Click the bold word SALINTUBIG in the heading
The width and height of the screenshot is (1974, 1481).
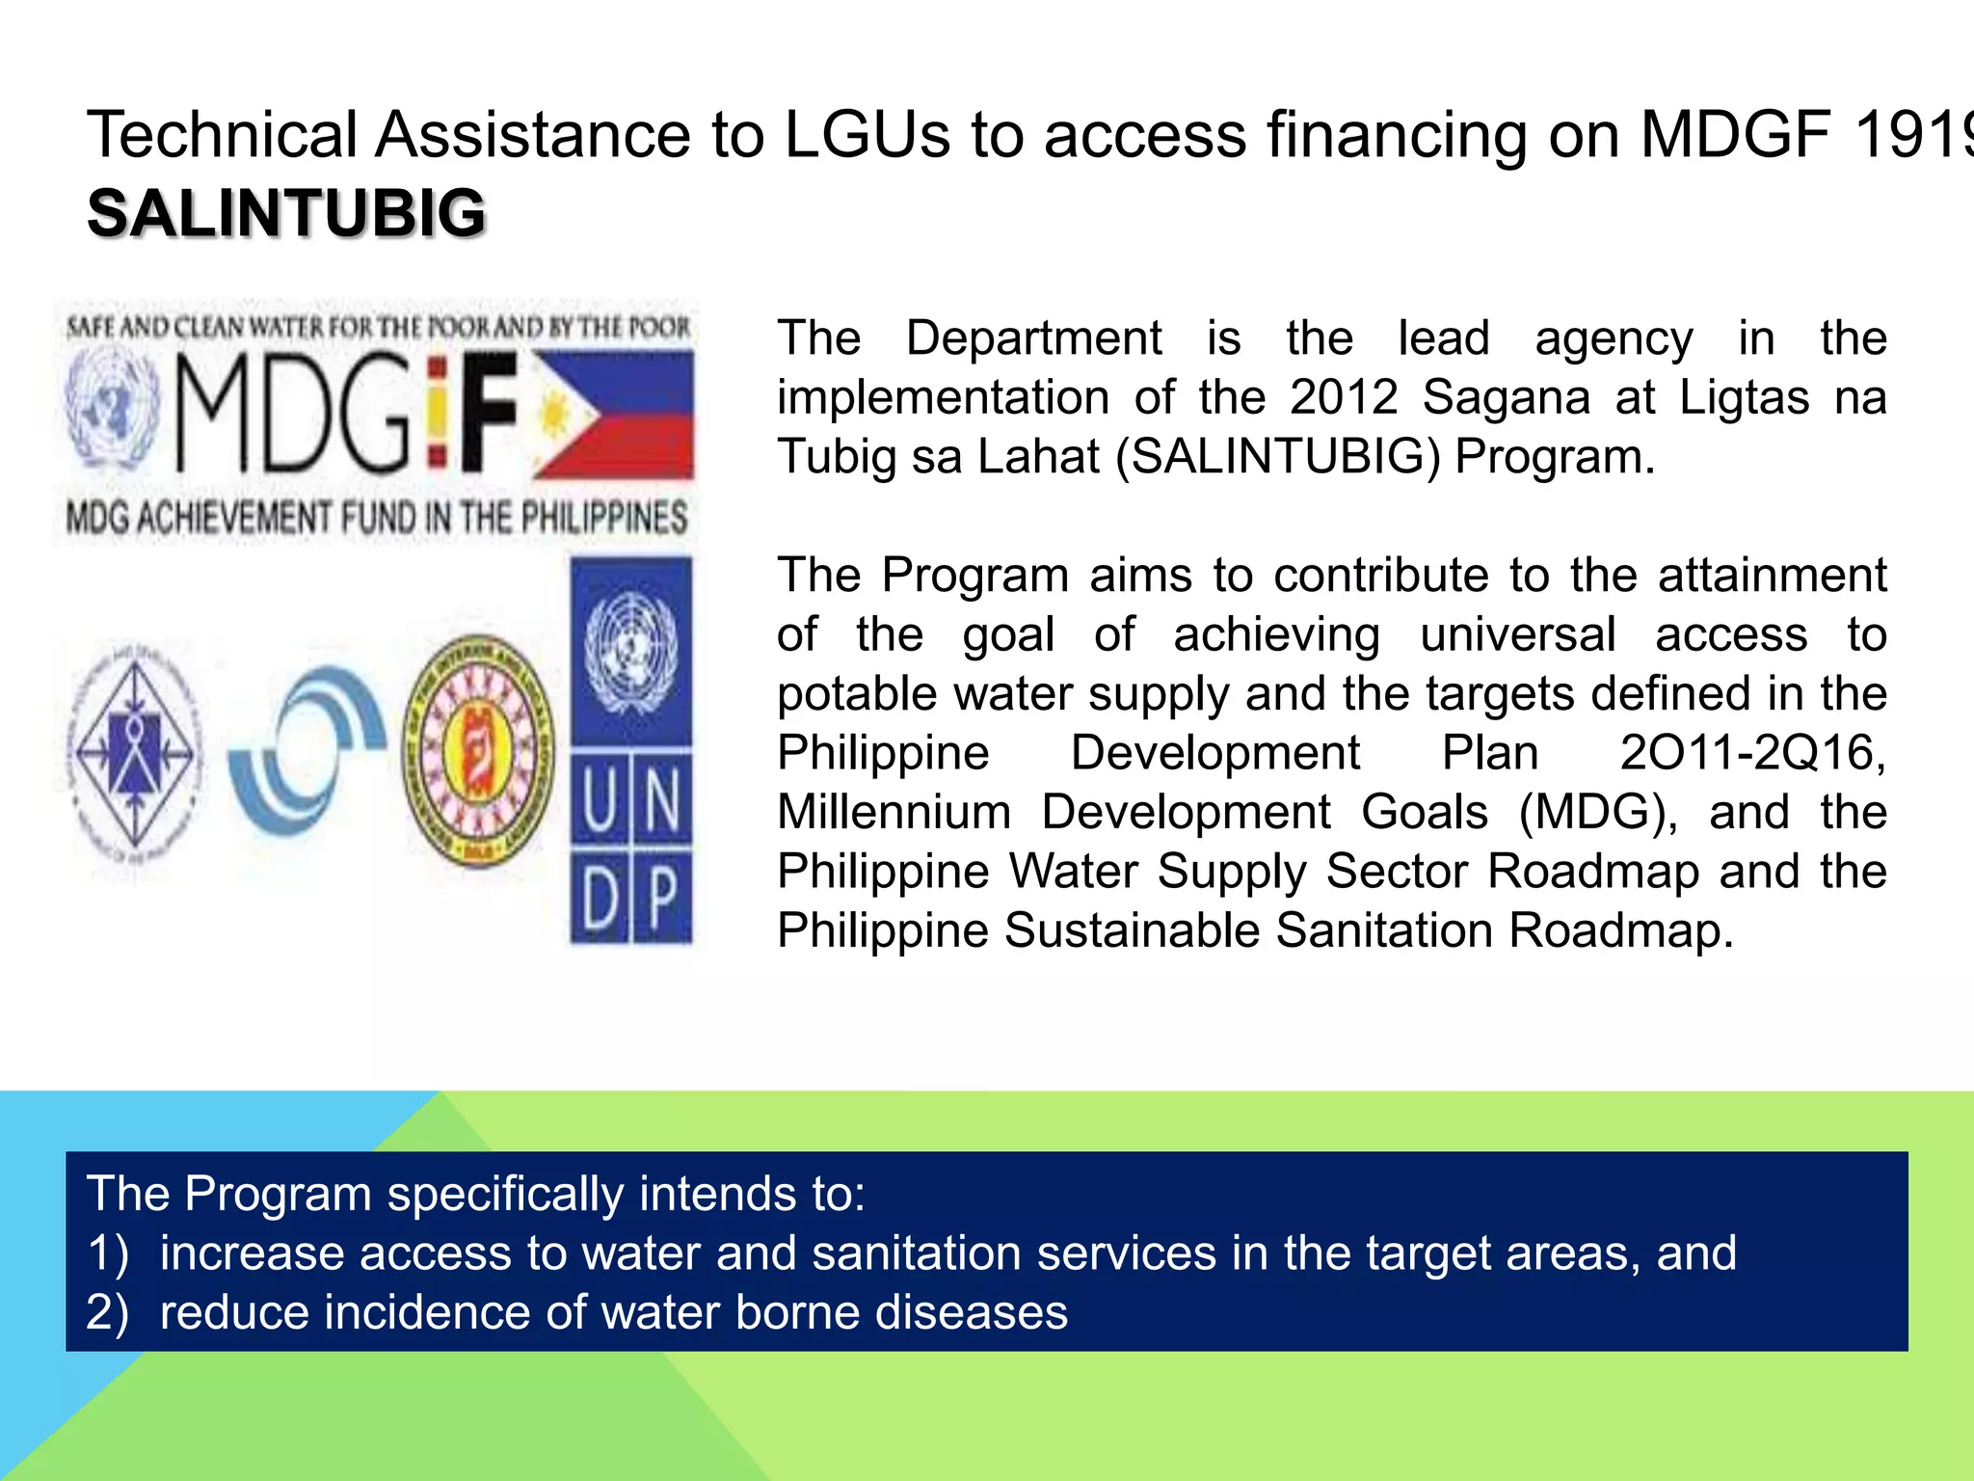pyautogui.click(x=286, y=213)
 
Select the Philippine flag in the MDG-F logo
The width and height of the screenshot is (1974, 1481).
pyautogui.click(x=614, y=416)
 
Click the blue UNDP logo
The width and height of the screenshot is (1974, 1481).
pyautogui.click(x=631, y=750)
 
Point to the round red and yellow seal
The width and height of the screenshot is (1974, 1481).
pyautogui.click(x=479, y=750)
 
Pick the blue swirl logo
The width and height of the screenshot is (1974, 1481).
pyautogui.click(x=307, y=750)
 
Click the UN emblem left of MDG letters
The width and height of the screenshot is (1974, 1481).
pyautogui.click(x=111, y=409)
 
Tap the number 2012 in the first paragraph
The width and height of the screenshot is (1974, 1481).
pyautogui.click(x=1344, y=397)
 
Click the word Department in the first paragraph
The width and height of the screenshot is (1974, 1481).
pyautogui.click(x=1033, y=338)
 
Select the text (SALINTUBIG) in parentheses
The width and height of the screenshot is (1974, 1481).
pyautogui.click(x=1277, y=457)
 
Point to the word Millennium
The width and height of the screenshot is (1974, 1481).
pyautogui.click(x=894, y=812)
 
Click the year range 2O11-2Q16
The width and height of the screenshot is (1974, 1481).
pyautogui.click(x=1751, y=753)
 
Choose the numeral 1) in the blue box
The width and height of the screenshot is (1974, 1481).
pyautogui.click(x=107, y=1253)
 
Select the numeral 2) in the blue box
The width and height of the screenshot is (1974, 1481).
pyautogui.click(x=107, y=1313)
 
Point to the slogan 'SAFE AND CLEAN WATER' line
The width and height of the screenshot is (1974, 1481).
pyautogui.click(x=378, y=328)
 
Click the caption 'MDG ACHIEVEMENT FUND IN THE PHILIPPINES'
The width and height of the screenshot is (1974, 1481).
pyautogui.click(x=377, y=518)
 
